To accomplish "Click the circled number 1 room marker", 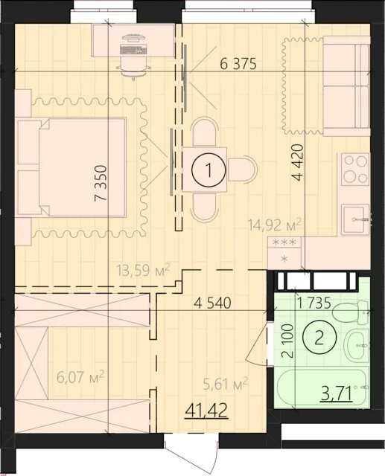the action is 209,170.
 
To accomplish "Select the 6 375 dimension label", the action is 238,64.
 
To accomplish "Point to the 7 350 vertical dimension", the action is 101,183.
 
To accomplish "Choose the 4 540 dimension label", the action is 212,303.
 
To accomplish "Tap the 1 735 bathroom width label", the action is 314,303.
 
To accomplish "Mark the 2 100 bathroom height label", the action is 287,341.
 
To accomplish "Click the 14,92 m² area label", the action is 274,225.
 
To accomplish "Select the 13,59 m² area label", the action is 143,269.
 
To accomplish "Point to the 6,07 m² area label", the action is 80,377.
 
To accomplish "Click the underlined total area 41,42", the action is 206,411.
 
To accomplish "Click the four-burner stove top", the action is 355,169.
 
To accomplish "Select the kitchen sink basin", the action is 355,219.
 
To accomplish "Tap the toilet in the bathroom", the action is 351,312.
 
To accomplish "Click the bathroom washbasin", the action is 357,345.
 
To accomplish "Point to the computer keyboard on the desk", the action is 133,49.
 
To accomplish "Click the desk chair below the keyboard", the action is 133,68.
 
